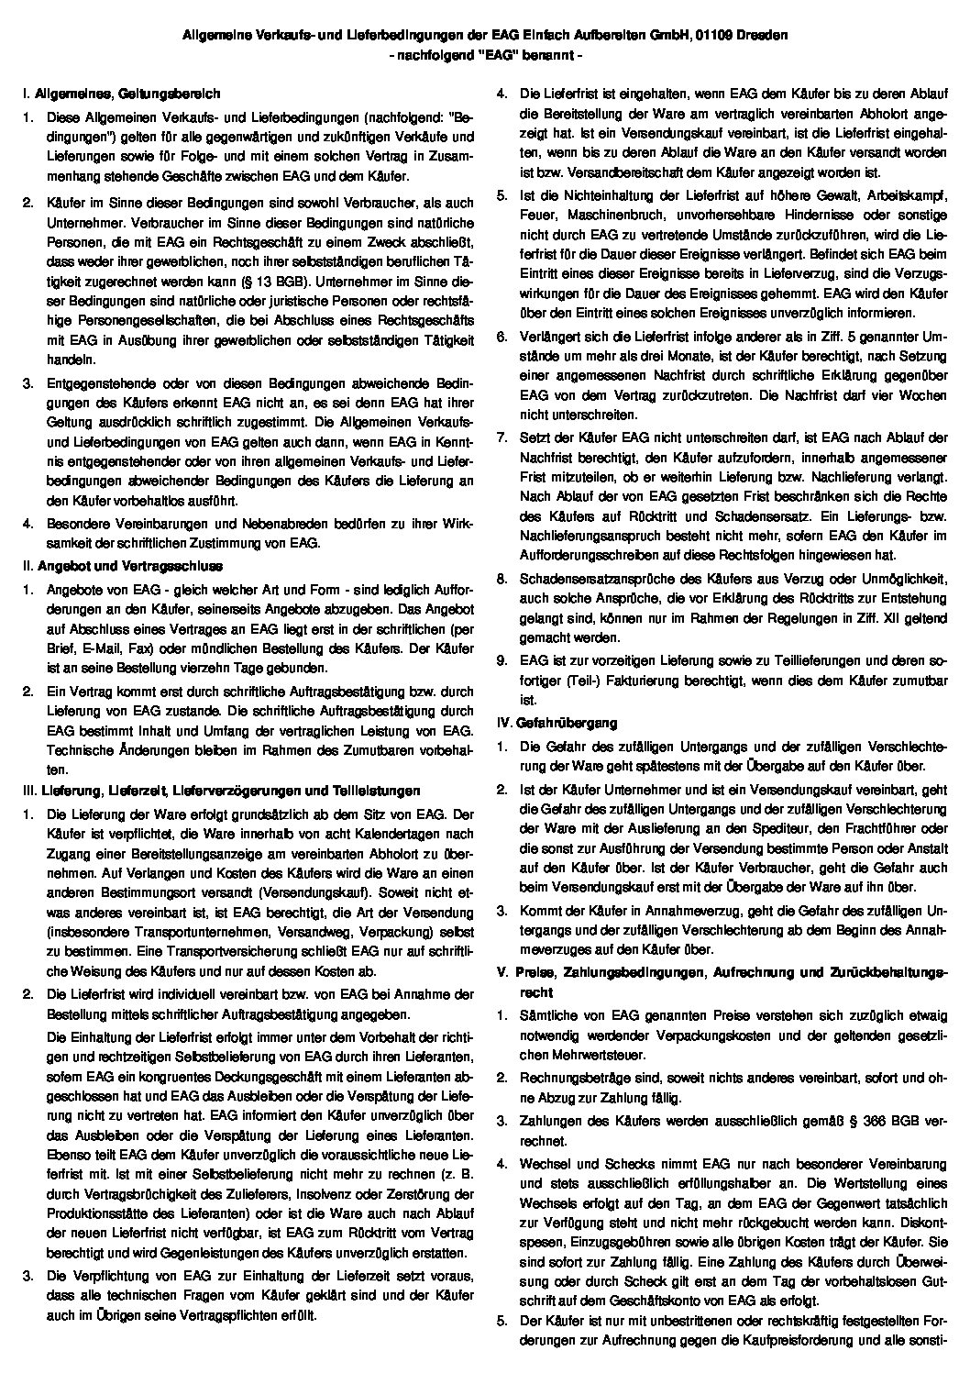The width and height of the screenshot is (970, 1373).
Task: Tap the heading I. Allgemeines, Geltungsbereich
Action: [121, 93]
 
